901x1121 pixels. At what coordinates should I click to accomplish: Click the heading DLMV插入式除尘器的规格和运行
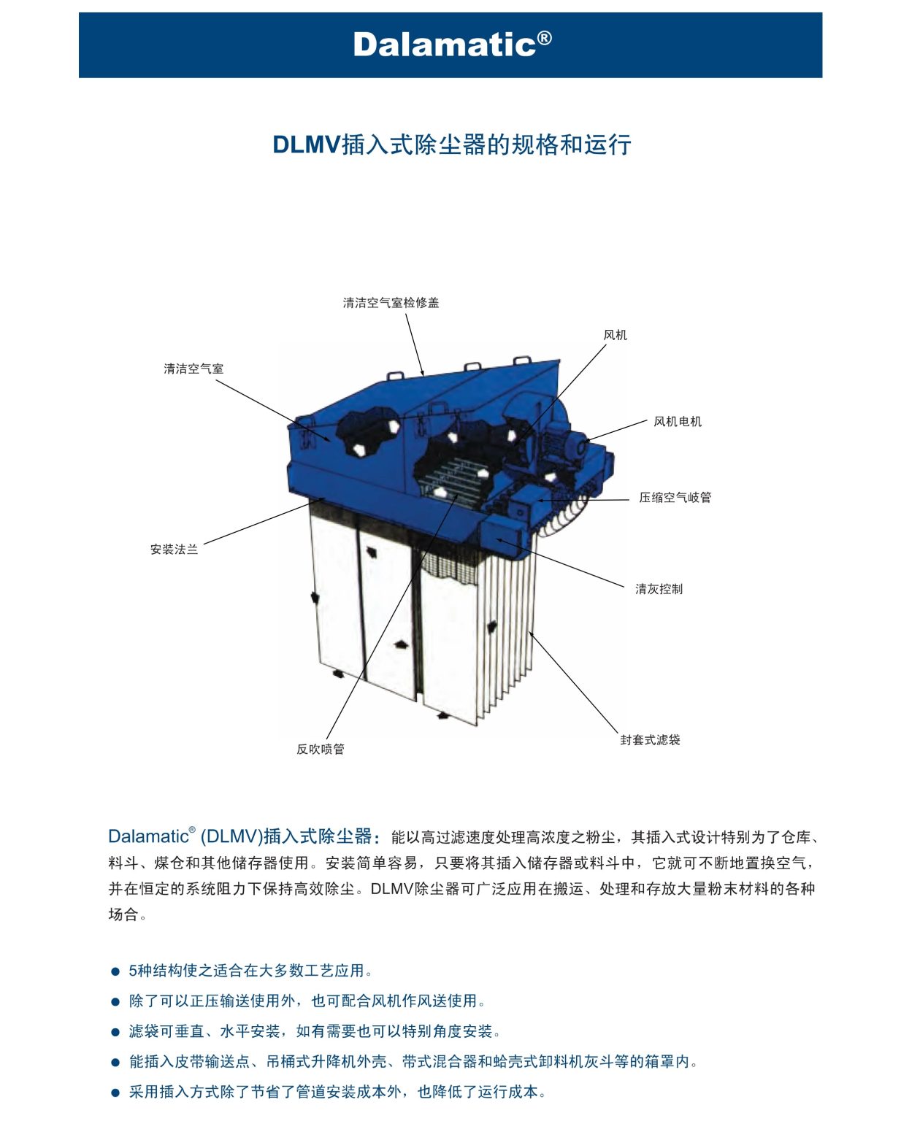[x=451, y=145]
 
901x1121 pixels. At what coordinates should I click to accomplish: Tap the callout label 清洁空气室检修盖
[x=391, y=303]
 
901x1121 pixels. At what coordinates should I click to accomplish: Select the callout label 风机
[x=615, y=335]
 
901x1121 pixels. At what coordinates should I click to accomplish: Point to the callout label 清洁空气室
[x=193, y=369]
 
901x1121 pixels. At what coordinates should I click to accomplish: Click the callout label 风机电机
[x=677, y=421]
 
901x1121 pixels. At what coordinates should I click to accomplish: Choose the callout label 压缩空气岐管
[x=675, y=497]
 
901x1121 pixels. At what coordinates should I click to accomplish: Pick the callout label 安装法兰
[x=174, y=549]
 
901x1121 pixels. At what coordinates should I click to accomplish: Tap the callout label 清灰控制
[x=659, y=588]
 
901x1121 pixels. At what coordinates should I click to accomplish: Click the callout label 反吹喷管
[x=320, y=749]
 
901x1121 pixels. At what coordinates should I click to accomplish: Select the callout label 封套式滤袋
[x=650, y=739]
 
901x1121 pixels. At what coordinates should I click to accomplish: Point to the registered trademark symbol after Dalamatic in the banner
[x=545, y=36]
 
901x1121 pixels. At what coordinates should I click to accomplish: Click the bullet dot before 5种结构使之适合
[x=115, y=971]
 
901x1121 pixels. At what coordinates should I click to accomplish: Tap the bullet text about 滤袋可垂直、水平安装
[x=314, y=1031]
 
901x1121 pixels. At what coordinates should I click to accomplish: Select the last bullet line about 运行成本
[x=337, y=1092]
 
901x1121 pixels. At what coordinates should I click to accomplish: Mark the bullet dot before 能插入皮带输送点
[x=115, y=1063]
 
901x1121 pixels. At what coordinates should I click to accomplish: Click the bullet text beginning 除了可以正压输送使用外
[x=307, y=1001]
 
